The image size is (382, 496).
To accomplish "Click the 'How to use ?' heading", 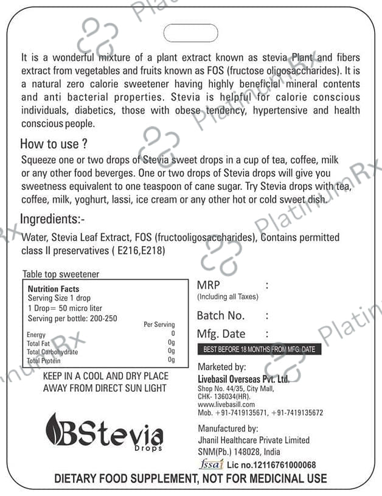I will [54, 144].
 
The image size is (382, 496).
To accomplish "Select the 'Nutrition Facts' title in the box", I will [54, 288].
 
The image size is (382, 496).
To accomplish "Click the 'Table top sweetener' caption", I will [61, 274].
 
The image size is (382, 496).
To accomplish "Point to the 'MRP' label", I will [208, 285].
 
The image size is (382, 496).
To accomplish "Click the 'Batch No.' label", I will [221, 315].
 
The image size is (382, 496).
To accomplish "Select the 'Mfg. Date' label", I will [221, 334].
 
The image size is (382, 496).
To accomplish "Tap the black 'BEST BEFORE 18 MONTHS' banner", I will [259, 350].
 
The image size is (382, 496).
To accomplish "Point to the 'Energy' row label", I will [36, 335].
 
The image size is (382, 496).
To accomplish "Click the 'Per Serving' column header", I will [159, 324].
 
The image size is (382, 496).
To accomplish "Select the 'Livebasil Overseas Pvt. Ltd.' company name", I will [243, 379].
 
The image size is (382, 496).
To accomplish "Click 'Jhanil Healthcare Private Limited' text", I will [254, 440].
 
